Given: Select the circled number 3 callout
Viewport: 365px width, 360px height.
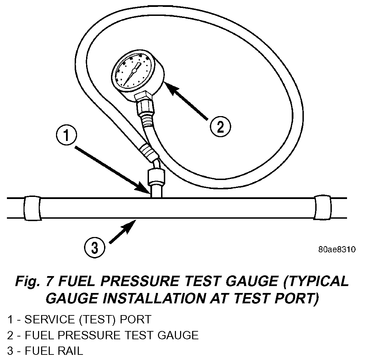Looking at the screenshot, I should (x=94, y=247).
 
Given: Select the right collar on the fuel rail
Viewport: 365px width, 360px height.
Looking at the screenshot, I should (x=322, y=208).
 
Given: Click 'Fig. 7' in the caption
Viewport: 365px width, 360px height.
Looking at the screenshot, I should (x=34, y=282).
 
